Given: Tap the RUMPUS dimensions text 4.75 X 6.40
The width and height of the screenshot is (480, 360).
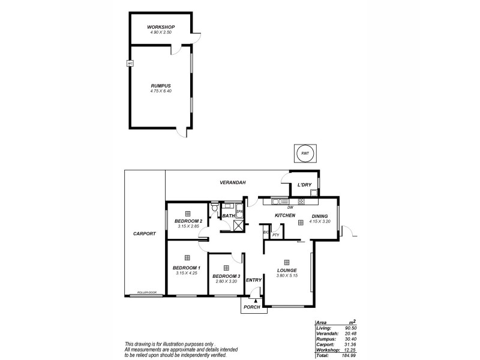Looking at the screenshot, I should pyautogui.click(x=161, y=91).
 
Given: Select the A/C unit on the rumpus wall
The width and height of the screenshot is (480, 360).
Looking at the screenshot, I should pyautogui.click(x=129, y=63).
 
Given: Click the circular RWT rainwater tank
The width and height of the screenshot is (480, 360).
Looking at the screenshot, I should pyautogui.click(x=304, y=154).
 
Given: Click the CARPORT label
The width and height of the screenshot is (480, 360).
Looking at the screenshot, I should pyautogui.click(x=145, y=233).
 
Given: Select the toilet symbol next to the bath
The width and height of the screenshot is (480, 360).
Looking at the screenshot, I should pyautogui.click(x=214, y=207).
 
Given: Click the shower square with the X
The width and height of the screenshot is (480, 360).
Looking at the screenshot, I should pyautogui.click(x=238, y=226).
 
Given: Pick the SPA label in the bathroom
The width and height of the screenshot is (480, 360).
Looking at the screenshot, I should pyautogui.click(x=239, y=212).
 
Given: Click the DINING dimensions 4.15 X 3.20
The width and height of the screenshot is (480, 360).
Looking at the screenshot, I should pyautogui.click(x=319, y=221).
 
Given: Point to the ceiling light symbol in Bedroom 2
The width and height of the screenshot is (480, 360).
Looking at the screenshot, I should pyautogui.click(x=187, y=214).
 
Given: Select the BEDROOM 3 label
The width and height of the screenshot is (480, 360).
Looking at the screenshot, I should pyautogui.click(x=226, y=276).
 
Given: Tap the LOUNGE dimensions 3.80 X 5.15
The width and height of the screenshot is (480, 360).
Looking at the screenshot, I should pyautogui.click(x=287, y=277).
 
